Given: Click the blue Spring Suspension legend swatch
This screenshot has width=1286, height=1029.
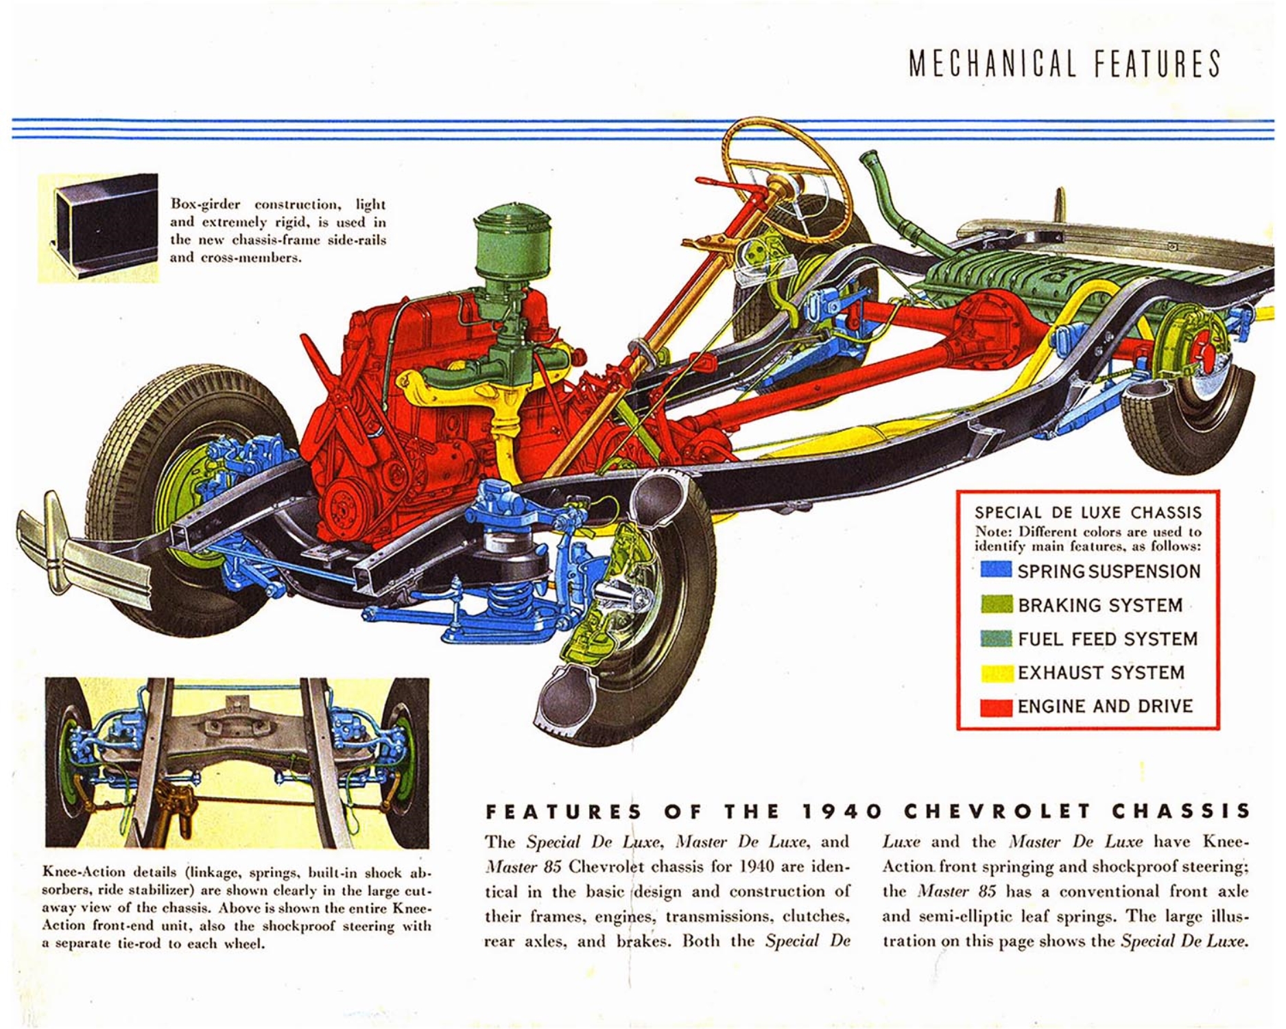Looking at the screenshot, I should point(996,569).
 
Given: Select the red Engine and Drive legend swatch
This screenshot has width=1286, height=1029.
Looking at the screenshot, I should point(996,707).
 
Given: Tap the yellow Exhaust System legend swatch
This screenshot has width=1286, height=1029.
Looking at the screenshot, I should point(996,673).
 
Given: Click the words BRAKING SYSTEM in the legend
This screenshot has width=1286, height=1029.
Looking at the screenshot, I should point(1099,605).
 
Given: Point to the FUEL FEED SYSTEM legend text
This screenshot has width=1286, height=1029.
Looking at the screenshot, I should point(1107,639).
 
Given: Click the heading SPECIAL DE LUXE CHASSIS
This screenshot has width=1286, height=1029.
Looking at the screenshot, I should point(1088,512).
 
